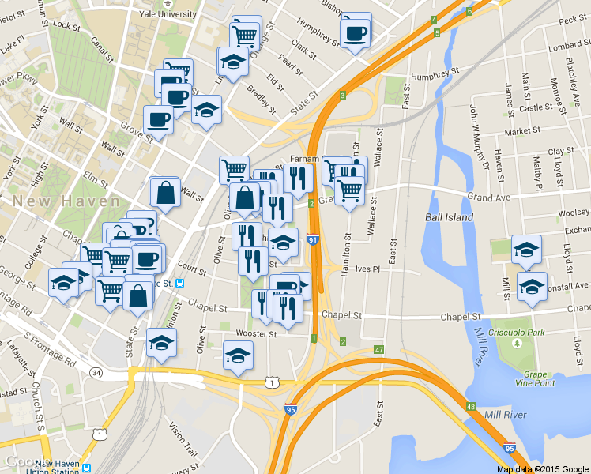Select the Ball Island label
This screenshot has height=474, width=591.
(x=449, y=216)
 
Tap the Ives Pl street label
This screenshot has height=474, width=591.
(x=369, y=269)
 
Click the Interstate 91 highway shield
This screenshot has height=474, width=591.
(x=314, y=239)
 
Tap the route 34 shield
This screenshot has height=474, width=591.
(x=96, y=372)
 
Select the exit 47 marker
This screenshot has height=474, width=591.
(x=379, y=349)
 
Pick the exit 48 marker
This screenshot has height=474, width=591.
(x=471, y=407)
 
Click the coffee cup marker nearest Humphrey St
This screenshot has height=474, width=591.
(x=355, y=33)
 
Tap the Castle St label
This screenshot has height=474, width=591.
(x=536, y=107)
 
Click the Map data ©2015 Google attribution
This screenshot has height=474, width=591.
(x=543, y=468)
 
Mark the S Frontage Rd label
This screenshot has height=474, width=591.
(x=49, y=348)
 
